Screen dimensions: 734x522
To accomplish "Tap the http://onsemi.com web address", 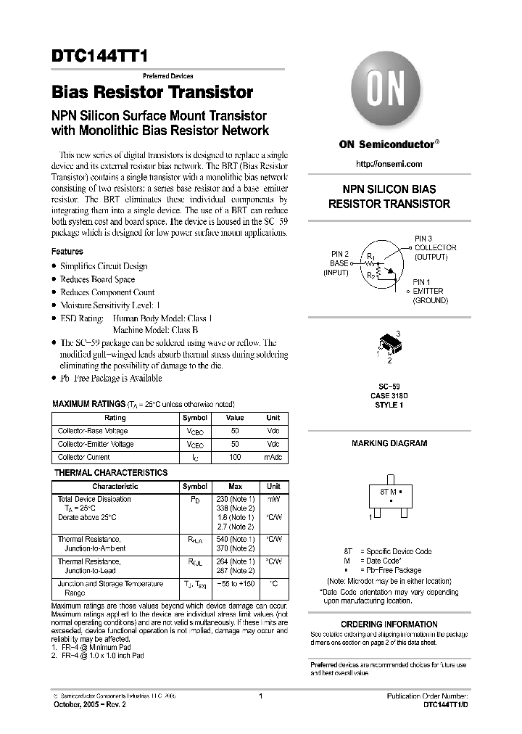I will pos(389,164).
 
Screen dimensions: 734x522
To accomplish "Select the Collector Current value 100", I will pos(235,458).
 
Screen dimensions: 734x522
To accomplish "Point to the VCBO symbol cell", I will pos(194,432).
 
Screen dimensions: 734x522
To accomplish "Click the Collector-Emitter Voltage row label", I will pos(96,445).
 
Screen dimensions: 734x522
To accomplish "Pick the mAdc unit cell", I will pos(273,458).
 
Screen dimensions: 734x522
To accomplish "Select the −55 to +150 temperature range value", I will pos(235,584).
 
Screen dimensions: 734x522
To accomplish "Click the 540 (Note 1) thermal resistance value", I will pos(235,540).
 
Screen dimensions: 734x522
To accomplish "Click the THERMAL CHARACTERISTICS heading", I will pos(111,473).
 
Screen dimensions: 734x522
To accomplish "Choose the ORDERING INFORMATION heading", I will pos(389,624).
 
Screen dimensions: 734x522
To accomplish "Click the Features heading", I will pos(67,252).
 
